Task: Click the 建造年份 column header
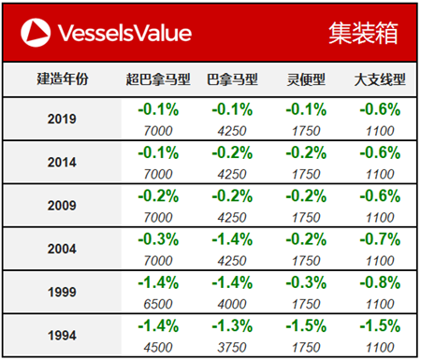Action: (x=62, y=79)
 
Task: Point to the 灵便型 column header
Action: (x=306, y=79)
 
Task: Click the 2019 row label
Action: (x=62, y=120)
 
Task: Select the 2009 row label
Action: (x=62, y=204)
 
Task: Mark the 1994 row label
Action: (x=62, y=333)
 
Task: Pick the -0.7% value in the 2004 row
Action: (x=380, y=238)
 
